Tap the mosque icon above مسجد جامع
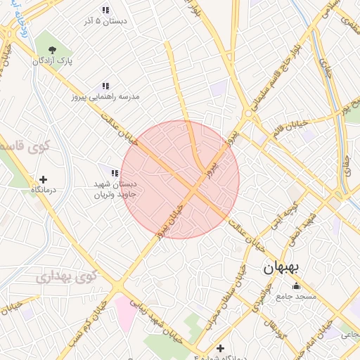pos(296,286)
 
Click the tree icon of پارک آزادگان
pos(52,49)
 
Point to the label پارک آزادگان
pos(52,62)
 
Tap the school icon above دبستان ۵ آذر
pos(105,10)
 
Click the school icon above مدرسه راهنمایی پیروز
pos(105,85)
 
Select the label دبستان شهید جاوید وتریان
pos(115,188)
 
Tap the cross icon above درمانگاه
pos(44,179)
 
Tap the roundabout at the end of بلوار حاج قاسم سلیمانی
pos(248,114)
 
